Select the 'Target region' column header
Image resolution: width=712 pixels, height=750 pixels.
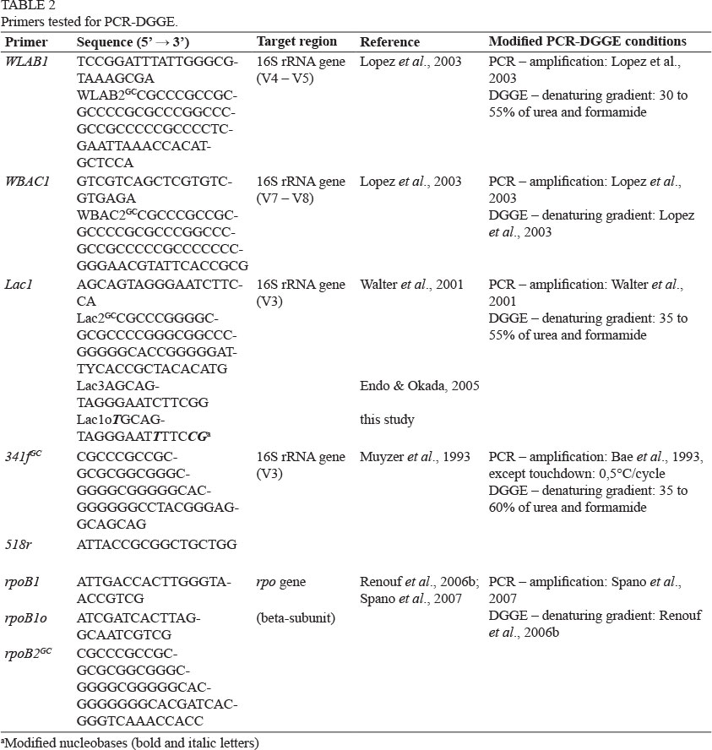click(x=296, y=41)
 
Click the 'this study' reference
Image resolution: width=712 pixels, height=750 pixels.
click(x=387, y=420)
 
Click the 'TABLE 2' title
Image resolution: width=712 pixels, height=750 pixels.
click(x=27, y=6)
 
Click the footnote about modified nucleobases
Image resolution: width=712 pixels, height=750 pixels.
click(x=130, y=742)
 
